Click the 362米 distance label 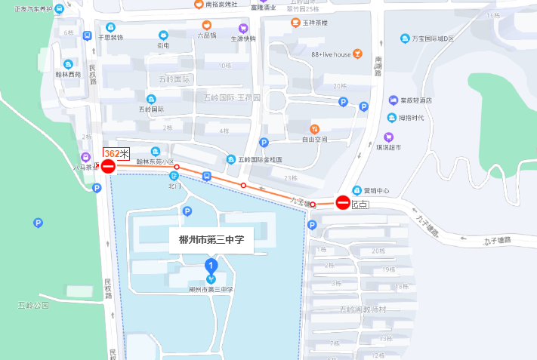coord(116,153)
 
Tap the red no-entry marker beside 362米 coord(108,166)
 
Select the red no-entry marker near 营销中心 coord(343,202)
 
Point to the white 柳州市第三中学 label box coord(211,240)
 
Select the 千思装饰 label coord(111,37)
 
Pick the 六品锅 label coord(206,35)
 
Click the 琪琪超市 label coord(411,147)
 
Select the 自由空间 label coord(315,140)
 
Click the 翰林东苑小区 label coord(155,162)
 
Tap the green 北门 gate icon coord(174,176)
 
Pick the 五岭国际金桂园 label coord(260,160)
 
